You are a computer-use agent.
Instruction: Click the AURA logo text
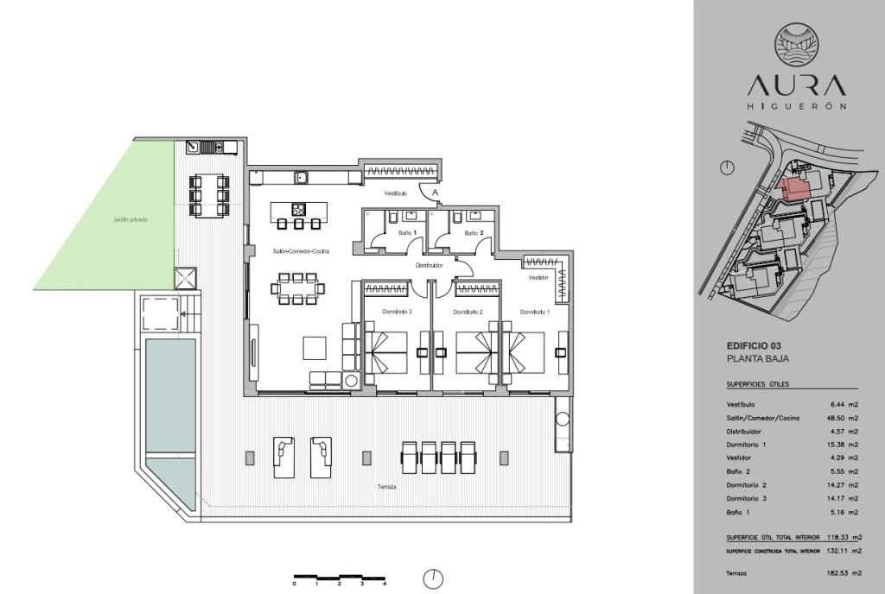pyautogui.click(x=796, y=85)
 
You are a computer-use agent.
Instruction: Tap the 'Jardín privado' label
pyautogui.click(x=130, y=220)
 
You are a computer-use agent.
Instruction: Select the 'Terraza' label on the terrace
pyautogui.click(x=386, y=487)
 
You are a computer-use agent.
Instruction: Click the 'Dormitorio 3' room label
pyautogui.click(x=397, y=312)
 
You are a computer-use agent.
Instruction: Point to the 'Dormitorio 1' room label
pyautogui.click(x=534, y=312)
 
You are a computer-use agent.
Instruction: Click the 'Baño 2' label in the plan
pyautogui.click(x=474, y=233)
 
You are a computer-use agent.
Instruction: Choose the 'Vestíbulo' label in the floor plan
pyautogui.click(x=395, y=193)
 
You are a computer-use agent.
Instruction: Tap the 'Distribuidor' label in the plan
pyautogui.click(x=429, y=265)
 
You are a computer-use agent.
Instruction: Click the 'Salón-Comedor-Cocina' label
pyautogui.click(x=301, y=251)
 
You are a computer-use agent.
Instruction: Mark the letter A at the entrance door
pyautogui.click(x=436, y=193)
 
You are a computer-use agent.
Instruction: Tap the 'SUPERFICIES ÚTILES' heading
pyautogui.click(x=757, y=384)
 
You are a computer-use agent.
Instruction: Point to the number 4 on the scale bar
pyautogui.click(x=384, y=584)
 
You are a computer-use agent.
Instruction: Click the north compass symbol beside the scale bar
pyautogui.click(x=433, y=578)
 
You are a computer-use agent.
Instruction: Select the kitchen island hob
pyautogui.click(x=298, y=210)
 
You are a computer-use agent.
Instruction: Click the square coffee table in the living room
pyautogui.click(x=315, y=348)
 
